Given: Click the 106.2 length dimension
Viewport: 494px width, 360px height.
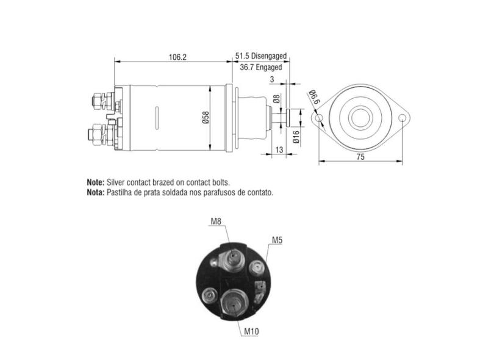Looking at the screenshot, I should coord(177,57).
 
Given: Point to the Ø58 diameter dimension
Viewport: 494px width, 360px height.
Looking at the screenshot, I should coord(206,118).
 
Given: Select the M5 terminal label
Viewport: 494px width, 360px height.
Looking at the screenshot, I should coord(277,240).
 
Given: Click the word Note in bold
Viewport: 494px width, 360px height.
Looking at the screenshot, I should coord(96,182).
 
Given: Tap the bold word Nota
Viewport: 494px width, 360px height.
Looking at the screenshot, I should coord(96,192).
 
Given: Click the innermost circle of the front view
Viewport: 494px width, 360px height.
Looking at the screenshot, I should coord(360,117).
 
